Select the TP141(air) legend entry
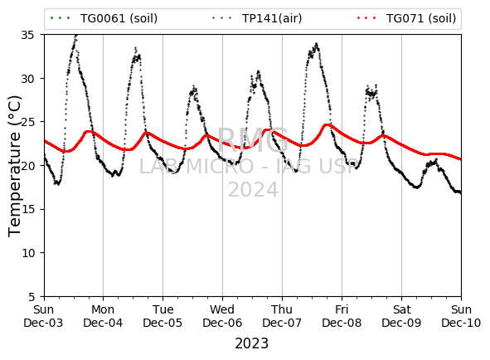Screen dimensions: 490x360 pos(257,18)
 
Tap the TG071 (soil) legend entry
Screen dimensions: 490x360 pos(406,18)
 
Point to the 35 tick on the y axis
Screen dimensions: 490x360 pos(27,35)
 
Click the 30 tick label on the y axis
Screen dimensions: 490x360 pos(27,79)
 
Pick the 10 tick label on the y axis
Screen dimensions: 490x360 pos(27,253)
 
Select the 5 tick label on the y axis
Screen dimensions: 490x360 pos(32,296)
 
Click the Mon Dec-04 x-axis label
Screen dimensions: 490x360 pos(103,316)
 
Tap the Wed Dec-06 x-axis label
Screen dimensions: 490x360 pos(222,316)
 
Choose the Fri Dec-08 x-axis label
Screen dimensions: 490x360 pos(342,316)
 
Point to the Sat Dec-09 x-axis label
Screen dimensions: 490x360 pos(401,316)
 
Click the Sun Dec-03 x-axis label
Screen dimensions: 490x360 pos(43,316)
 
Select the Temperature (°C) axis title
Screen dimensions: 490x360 pos(14,166)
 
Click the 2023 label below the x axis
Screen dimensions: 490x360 pos(251,343)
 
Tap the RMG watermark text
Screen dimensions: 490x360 pos(253,140)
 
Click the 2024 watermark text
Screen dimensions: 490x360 pos(253,190)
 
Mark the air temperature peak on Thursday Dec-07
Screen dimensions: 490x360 pos(317,44)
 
